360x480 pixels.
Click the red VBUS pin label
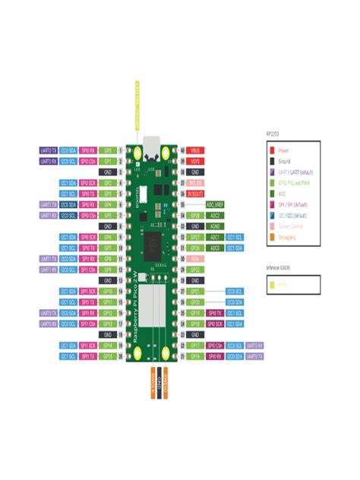click(x=195, y=150)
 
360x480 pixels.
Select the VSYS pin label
click(x=195, y=161)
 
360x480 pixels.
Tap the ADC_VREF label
click(x=215, y=204)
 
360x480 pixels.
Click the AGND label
click(x=215, y=226)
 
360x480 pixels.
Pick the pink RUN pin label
click(x=195, y=258)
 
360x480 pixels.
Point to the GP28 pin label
click(x=195, y=215)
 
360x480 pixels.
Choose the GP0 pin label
click(x=108, y=150)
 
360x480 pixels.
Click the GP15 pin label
click(x=108, y=355)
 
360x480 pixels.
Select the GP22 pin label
click(x=195, y=269)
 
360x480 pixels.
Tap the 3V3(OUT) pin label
click(x=195, y=194)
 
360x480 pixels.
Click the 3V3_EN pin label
click(x=195, y=183)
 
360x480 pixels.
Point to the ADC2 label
click(x=215, y=215)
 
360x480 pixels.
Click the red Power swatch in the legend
click(x=271, y=150)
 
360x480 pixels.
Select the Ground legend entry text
click(x=285, y=161)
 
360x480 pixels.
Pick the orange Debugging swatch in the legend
click(x=271, y=237)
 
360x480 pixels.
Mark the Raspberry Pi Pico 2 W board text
click(x=137, y=304)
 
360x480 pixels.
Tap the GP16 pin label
click(x=195, y=355)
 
